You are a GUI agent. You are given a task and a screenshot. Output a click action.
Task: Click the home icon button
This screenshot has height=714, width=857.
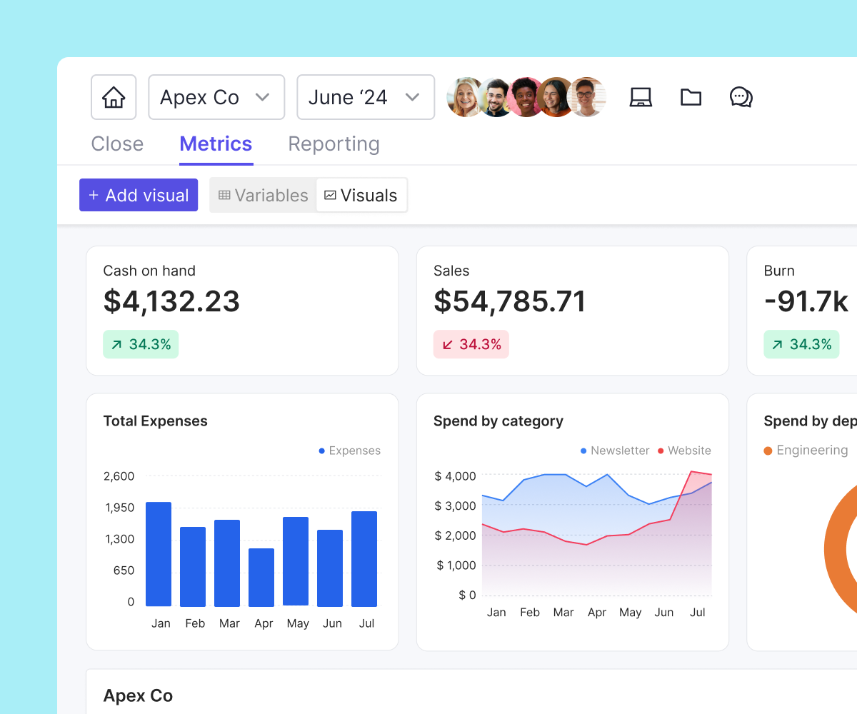(x=114, y=97)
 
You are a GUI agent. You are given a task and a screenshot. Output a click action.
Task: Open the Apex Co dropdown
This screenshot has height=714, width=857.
(x=216, y=97)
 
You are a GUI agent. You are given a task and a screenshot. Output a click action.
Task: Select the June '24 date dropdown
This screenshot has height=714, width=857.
(x=365, y=97)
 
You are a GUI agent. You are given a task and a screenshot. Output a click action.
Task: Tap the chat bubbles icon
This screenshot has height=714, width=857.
(x=741, y=97)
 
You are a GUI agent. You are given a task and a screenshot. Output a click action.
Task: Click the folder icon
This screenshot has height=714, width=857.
(x=691, y=97)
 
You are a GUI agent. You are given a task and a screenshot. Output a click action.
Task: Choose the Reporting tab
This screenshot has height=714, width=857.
(x=334, y=144)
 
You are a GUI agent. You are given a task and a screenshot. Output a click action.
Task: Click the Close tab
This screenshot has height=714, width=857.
(x=117, y=144)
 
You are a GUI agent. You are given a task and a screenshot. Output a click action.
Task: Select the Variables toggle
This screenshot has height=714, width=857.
(x=263, y=196)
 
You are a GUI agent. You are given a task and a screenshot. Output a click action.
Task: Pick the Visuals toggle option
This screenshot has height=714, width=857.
(x=361, y=196)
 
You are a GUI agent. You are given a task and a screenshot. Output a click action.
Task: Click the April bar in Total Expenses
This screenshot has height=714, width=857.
(x=261, y=577)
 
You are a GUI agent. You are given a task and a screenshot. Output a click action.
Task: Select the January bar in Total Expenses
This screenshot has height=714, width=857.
(x=159, y=554)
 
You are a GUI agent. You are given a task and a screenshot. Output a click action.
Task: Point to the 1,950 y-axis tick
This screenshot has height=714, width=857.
(x=119, y=508)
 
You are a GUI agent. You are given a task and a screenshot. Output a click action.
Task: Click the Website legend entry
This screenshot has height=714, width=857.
(x=684, y=451)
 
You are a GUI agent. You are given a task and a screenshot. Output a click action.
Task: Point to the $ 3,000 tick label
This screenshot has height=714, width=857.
(x=455, y=506)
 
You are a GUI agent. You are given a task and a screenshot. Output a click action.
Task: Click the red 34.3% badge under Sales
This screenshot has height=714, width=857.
(x=471, y=345)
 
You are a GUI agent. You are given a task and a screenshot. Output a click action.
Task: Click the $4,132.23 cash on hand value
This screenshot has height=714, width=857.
(x=171, y=301)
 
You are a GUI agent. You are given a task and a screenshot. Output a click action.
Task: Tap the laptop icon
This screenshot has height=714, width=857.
(x=641, y=97)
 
